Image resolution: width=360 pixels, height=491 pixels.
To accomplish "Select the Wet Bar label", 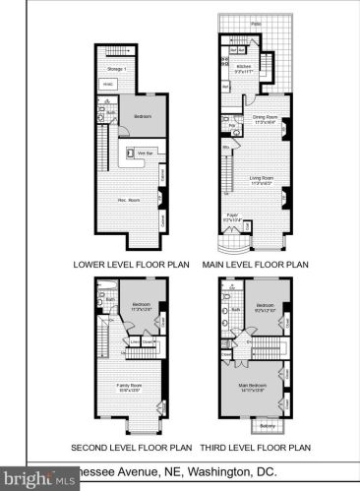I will [144, 153].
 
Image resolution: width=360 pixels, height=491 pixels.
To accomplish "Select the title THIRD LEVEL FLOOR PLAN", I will [257, 448].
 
